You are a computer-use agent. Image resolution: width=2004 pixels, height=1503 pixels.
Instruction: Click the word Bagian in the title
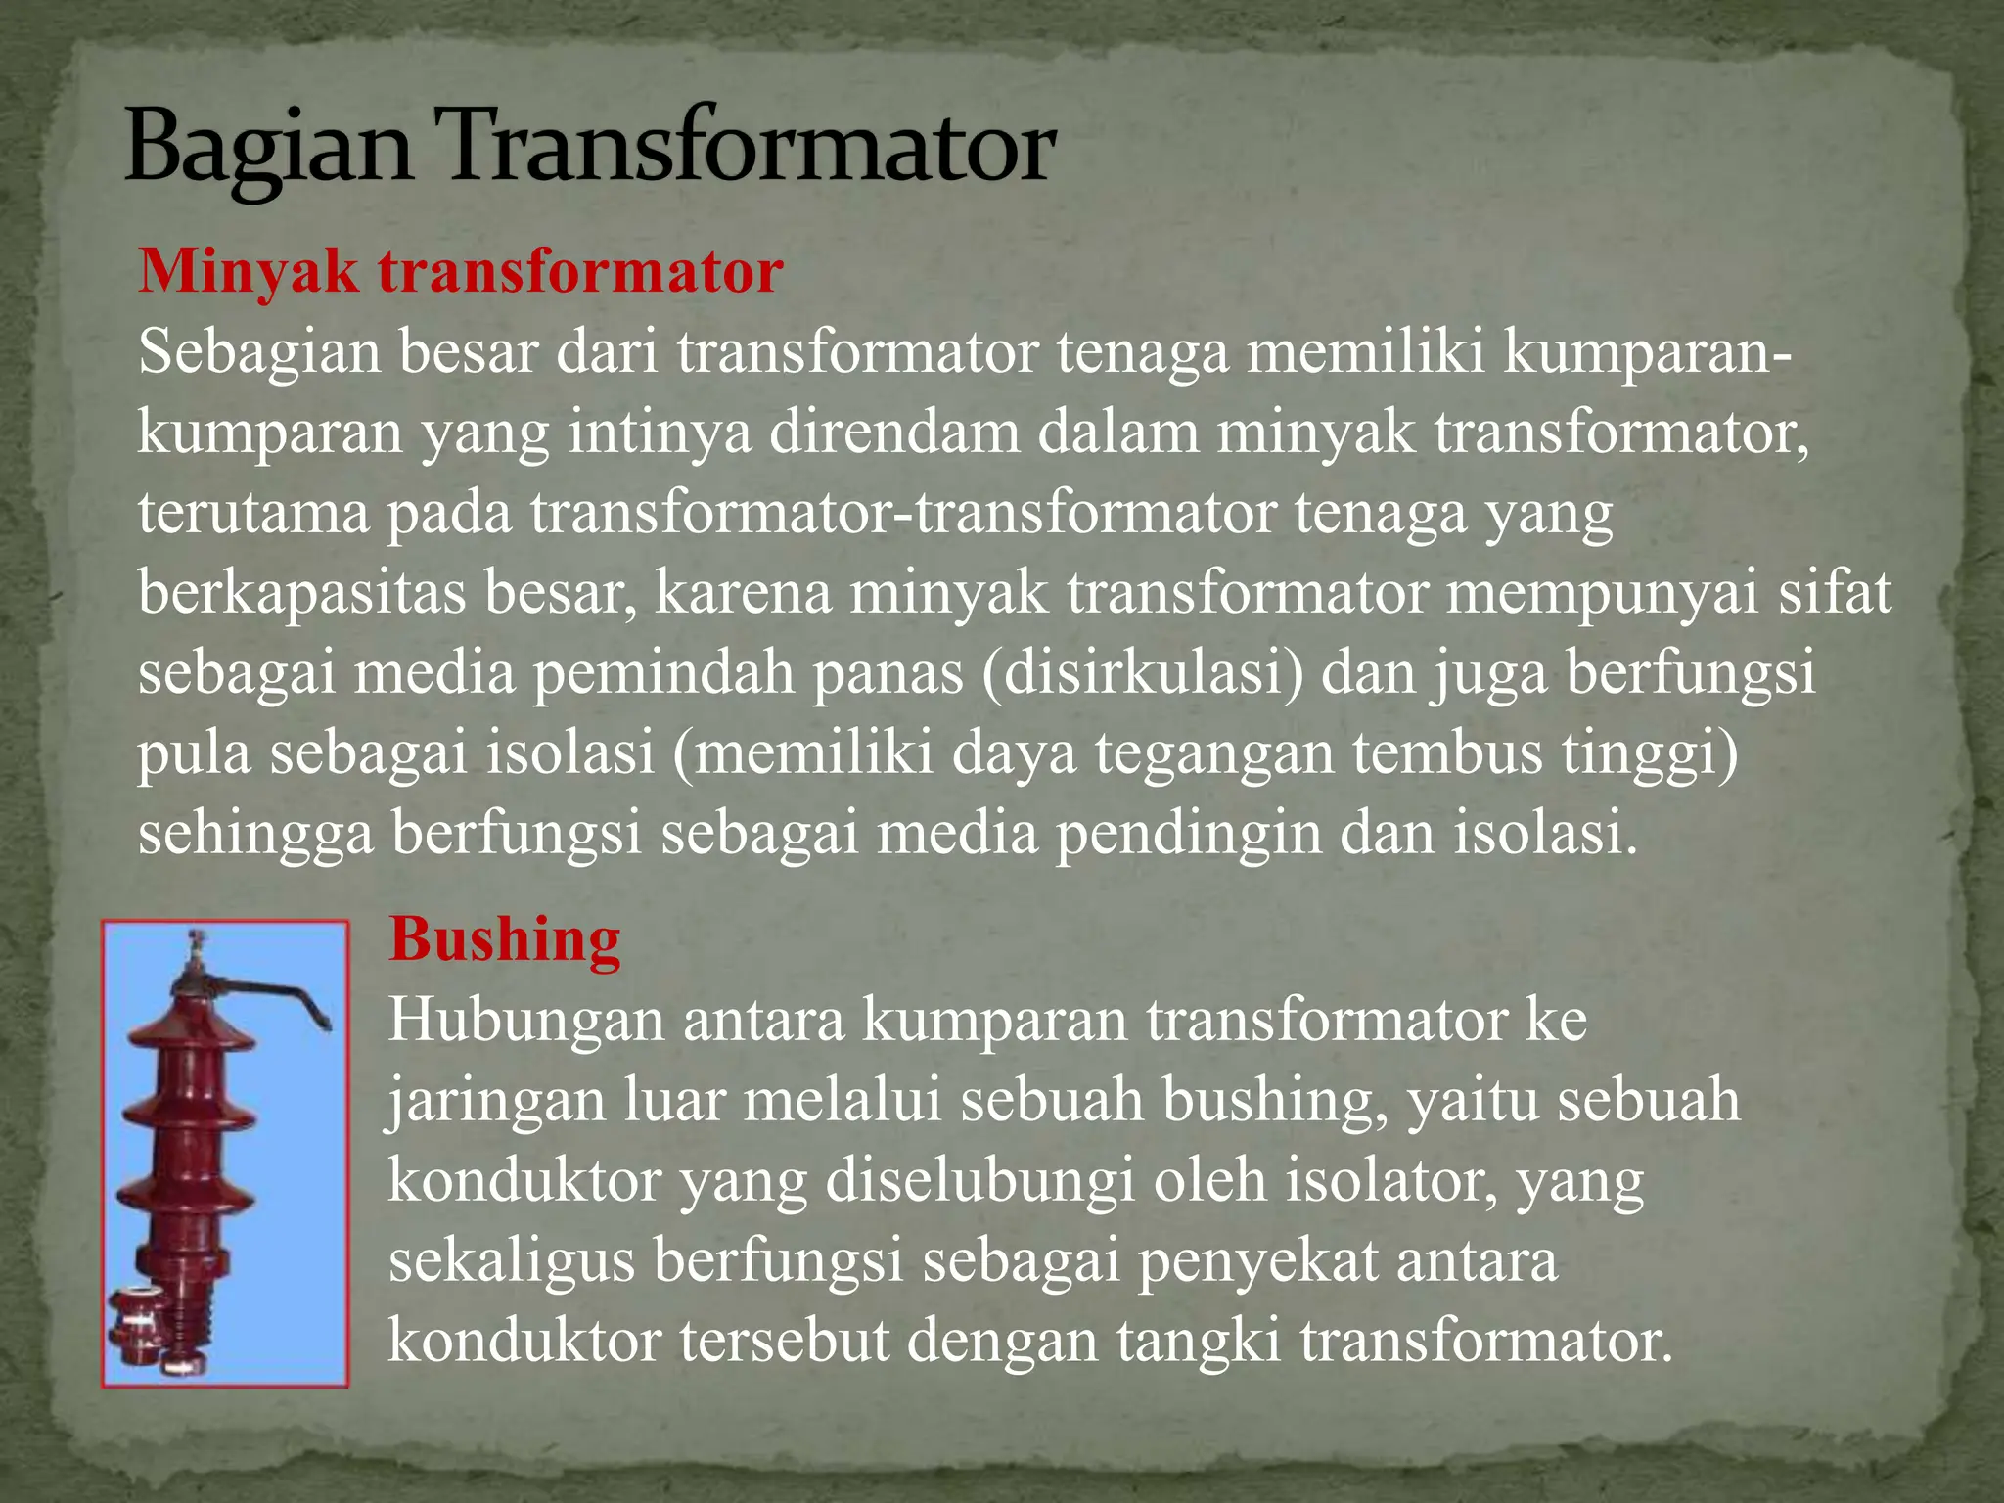click(x=267, y=149)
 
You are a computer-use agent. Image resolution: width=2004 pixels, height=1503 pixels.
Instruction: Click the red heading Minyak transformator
click(x=460, y=271)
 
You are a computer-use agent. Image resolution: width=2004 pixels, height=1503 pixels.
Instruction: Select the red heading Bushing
click(x=504, y=939)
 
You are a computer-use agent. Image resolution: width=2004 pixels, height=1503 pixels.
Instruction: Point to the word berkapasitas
click(x=301, y=593)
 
